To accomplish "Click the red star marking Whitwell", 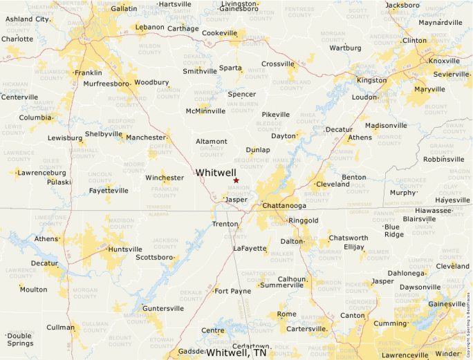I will (x=236, y=180).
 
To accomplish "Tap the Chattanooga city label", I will (x=284, y=206).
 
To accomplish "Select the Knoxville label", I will (x=444, y=61).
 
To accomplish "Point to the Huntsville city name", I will (x=125, y=249).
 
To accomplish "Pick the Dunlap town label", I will (x=258, y=150).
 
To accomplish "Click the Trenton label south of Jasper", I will (x=225, y=224).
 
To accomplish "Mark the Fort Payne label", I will (x=233, y=291).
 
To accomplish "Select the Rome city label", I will (x=286, y=314).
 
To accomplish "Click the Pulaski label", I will (x=59, y=182).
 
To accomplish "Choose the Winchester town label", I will (x=164, y=178).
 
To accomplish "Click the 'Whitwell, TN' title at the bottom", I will (x=236, y=352).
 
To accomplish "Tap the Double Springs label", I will (x=19, y=339).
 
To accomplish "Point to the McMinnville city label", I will (x=205, y=111).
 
